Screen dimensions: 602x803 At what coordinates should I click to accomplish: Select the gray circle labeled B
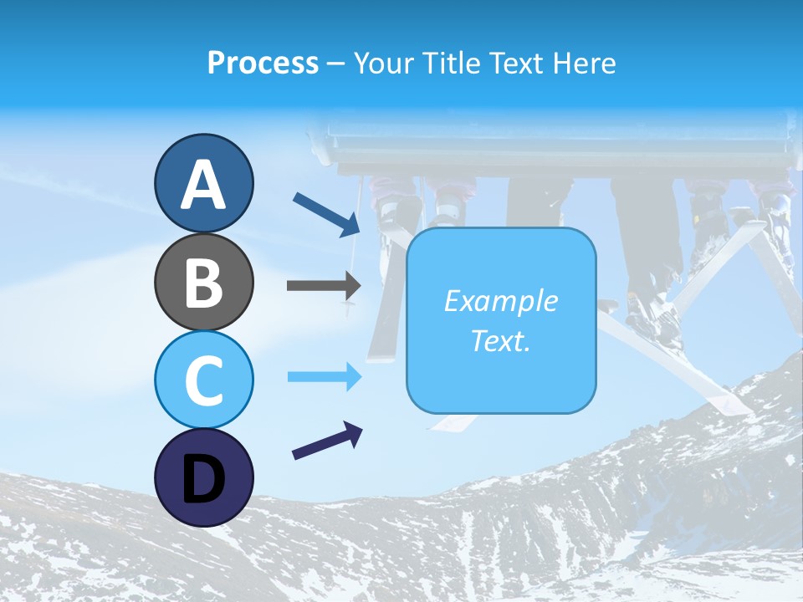pyautogui.click(x=203, y=282)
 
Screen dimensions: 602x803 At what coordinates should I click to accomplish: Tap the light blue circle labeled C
pyautogui.click(x=203, y=380)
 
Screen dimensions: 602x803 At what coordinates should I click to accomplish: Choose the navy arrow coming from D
pyautogui.click(x=327, y=441)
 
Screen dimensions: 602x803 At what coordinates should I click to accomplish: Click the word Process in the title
pyautogui.click(x=263, y=63)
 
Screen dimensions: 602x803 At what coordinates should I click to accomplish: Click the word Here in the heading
pyautogui.click(x=585, y=63)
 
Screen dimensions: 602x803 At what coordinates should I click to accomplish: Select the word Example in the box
pyautogui.click(x=500, y=301)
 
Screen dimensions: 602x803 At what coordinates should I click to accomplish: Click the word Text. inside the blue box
pyautogui.click(x=500, y=341)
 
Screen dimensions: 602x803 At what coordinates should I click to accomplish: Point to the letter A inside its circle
pyautogui.click(x=203, y=185)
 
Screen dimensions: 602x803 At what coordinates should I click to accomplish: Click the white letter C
pyautogui.click(x=203, y=380)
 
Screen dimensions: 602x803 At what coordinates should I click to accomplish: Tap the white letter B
pyautogui.click(x=203, y=283)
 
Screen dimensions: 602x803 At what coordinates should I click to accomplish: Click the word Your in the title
pyautogui.click(x=381, y=63)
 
